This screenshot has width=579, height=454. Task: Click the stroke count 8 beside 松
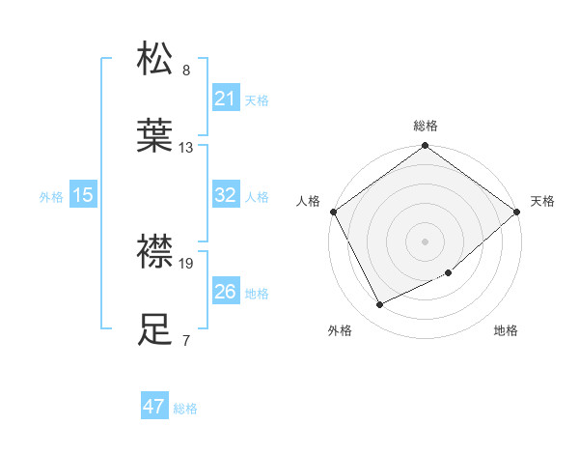pos(186,71)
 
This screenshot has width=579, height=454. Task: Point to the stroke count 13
pos(186,148)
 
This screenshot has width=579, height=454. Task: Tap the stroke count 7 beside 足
pos(185,341)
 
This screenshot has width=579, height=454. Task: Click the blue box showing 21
pos(225,99)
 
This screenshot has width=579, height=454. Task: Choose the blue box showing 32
pos(225,195)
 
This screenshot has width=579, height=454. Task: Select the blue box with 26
pos(225,292)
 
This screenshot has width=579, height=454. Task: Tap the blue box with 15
pos(83,195)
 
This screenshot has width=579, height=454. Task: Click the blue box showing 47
pos(154,407)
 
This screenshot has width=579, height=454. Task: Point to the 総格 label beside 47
pos(186,409)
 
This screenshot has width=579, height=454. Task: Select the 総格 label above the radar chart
pos(426,126)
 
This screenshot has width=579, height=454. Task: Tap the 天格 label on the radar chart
pos(543,201)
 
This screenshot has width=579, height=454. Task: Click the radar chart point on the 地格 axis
pos(449,273)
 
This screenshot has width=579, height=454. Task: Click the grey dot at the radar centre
pos(426,241)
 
